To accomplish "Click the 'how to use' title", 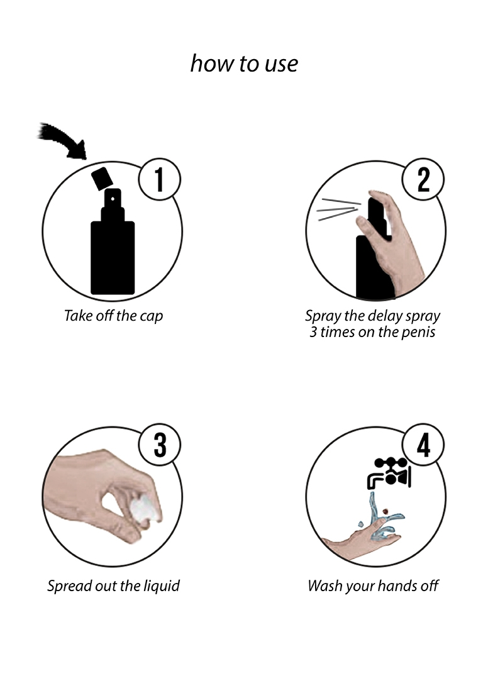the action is click(x=244, y=64).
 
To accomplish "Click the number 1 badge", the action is click(x=159, y=179).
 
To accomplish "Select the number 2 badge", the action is click(x=423, y=179).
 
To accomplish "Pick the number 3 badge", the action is click(x=160, y=445).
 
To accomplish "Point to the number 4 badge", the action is click(x=423, y=445).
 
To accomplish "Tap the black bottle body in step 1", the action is click(x=113, y=258).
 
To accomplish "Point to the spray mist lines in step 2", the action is click(x=339, y=209).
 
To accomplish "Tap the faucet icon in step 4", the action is click(x=389, y=473).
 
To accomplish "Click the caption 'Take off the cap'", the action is click(x=114, y=316).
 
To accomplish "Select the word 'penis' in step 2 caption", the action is click(x=418, y=333).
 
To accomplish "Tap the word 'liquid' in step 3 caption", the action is click(x=162, y=586).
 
